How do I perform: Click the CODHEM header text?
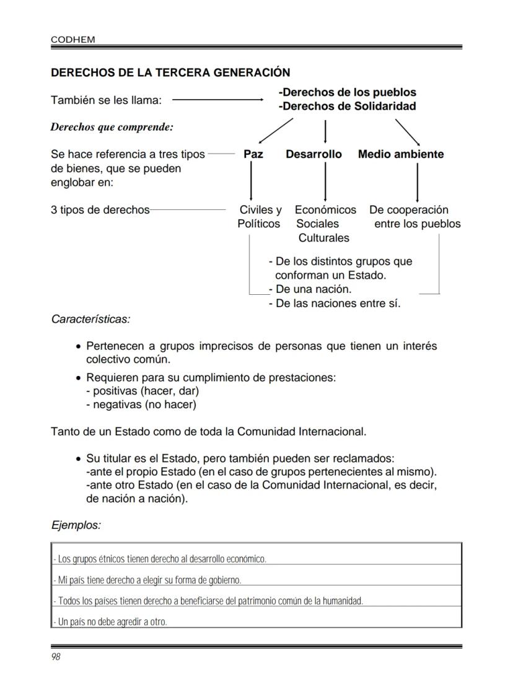click(72, 39)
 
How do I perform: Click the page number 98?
click(55, 657)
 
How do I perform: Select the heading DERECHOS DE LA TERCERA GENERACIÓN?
click(170, 72)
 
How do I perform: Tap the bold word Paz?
click(253, 154)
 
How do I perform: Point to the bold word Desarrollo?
click(313, 154)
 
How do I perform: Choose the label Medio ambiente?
click(400, 154)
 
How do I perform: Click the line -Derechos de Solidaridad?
click(347, 106)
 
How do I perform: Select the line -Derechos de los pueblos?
click(347, 92)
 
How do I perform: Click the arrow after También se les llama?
click(217, 99)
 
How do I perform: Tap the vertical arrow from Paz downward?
click(250, 181)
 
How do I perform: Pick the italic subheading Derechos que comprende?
click(112, 127)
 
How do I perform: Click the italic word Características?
click(90, 319)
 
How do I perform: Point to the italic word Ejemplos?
click(76, 525)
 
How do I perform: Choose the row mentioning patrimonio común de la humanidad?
click(208, 601)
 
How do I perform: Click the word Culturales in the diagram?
click(323, 238)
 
